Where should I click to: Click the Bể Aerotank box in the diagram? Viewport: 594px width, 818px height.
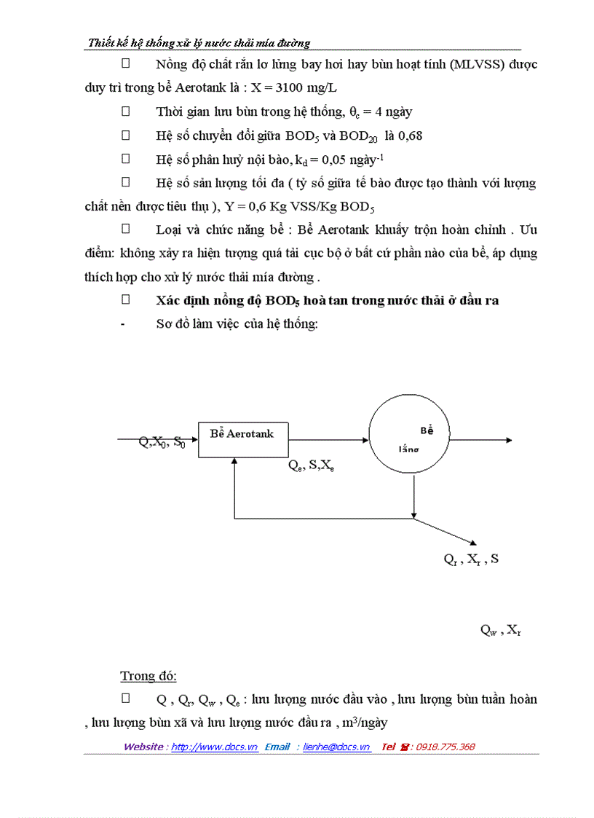coord(242,439)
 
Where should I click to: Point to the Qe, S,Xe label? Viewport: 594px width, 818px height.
coord(312,467)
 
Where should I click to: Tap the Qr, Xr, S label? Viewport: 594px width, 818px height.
coord(471,560)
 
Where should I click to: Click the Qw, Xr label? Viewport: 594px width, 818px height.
coord(500,631)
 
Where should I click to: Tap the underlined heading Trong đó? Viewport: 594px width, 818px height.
coord(148,676)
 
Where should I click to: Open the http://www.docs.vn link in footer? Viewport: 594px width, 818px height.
coord(214,747)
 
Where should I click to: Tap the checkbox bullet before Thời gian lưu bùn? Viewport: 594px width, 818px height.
coord(125,111)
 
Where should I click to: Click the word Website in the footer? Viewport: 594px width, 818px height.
coord(143,747)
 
